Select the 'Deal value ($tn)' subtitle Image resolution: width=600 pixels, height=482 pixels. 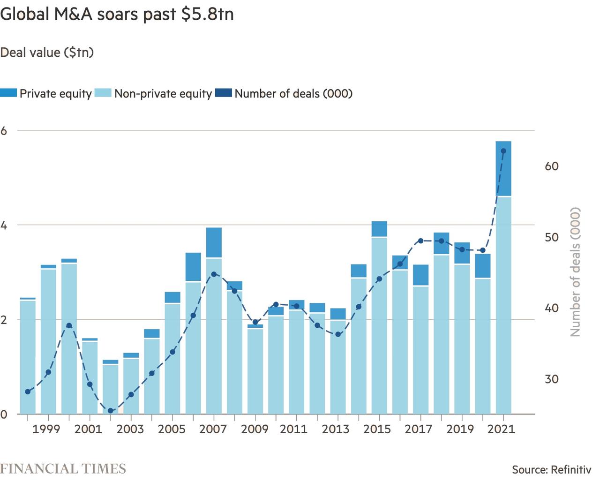tap(47, 52)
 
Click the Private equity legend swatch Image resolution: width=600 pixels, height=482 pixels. tap(9, 93)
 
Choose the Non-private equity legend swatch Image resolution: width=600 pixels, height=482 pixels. tap(103, 93)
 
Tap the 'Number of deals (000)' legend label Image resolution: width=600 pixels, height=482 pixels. tap(293, 93)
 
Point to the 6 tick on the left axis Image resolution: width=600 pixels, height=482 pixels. tap(4, 131)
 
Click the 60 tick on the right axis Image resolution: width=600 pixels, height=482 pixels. tap(552, 166)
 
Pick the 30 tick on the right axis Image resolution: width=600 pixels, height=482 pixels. tap(552, 379)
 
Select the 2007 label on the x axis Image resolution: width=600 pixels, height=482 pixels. tap(213, 429)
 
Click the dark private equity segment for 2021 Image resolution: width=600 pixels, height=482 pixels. tap(503, 168)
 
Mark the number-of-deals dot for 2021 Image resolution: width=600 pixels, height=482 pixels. tap(503, 151)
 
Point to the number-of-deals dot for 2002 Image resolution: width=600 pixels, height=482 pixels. tap(111, 411)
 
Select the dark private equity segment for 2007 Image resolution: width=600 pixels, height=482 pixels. tap(214, 242)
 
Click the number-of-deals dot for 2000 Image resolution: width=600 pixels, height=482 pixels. tap(69, 325)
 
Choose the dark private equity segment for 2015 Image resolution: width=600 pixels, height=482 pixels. tap(379, 229)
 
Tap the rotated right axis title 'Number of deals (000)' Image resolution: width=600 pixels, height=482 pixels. tap(575, 272)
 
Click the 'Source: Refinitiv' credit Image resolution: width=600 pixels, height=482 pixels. tap(551, 469)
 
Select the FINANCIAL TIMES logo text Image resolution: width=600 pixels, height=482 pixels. tap(63, 468)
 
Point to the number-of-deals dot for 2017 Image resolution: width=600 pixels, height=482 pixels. tap(420, 241)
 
